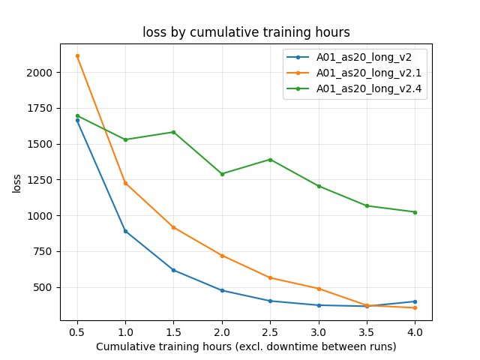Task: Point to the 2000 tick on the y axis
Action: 42,73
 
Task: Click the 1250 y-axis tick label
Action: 42,180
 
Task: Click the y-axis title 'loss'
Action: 16,183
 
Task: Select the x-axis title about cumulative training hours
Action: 245,346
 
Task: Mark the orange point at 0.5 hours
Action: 77,55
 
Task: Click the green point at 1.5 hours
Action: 174,132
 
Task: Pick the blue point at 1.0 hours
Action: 125,231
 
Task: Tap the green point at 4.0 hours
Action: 415,212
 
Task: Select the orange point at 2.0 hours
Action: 222,256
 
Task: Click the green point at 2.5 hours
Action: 270,160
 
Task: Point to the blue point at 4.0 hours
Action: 415,301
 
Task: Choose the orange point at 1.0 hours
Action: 125,183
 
